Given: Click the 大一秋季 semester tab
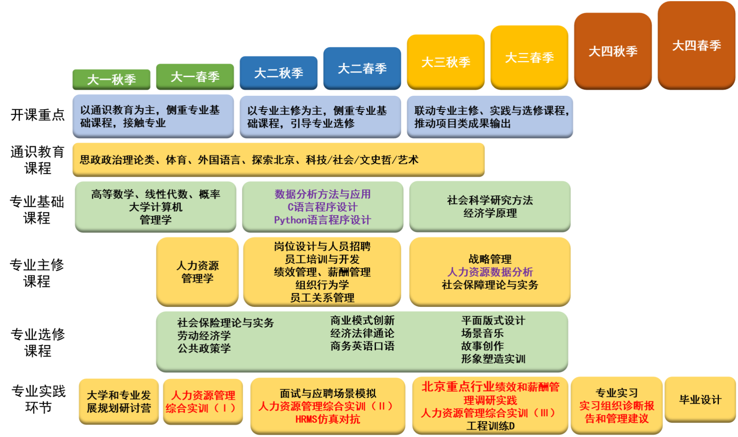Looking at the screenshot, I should click(111, 79).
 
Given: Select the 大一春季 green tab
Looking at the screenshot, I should click(195, 77).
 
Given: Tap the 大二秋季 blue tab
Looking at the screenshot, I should click(278, 73).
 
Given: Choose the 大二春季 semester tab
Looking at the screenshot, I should click(362, 68).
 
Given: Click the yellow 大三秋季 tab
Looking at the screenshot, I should click(446, 62).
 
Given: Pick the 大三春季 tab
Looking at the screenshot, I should click(529, 58).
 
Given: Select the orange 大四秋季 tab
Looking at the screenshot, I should click(613, 51).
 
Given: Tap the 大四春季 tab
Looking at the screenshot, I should click(697, 45).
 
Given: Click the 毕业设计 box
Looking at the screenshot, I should click(700, 400).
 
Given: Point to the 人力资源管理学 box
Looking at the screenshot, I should click(197, 272).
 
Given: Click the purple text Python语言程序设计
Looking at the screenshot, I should click(322, 220).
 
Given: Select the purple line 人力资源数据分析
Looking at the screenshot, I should click(490, 272).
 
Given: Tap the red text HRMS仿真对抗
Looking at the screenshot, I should click(327, 419).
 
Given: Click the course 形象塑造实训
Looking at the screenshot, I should click(493, 359).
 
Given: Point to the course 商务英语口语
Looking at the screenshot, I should click(362, 346).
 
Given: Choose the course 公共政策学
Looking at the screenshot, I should click(204, 348).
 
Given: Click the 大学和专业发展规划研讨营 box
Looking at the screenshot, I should click(119, 401).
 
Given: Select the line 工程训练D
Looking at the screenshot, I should click(490, 426).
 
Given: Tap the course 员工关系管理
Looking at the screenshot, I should click(322, 298).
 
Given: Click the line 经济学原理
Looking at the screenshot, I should click(490, 213).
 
